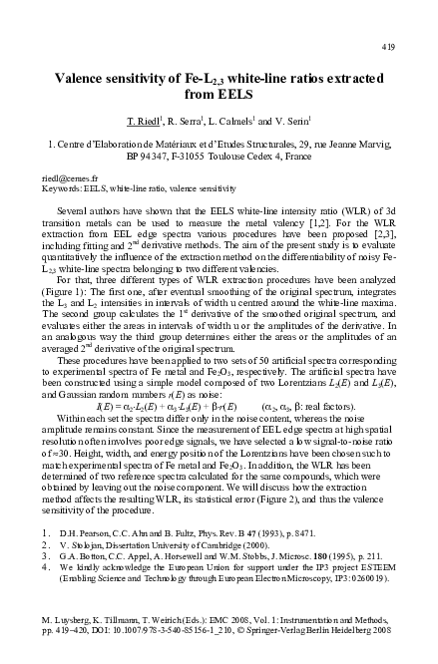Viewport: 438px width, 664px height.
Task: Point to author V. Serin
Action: point(305,122)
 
